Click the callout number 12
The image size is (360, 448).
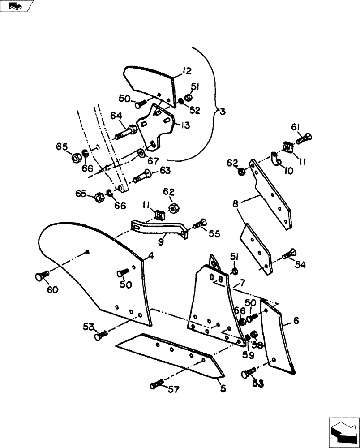click(187, 70)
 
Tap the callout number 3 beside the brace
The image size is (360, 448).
click(223, 111)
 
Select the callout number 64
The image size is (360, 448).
click(116, 116)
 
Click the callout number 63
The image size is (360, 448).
click(165, 170)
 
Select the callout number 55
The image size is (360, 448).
click(214, 233)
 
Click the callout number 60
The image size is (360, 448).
click(53, 290)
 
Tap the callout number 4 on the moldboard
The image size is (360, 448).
click(151, 256)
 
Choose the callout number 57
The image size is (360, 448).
click(173, 390)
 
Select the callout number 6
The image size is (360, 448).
click(296, 321)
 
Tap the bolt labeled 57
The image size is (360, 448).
click(157, 384)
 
